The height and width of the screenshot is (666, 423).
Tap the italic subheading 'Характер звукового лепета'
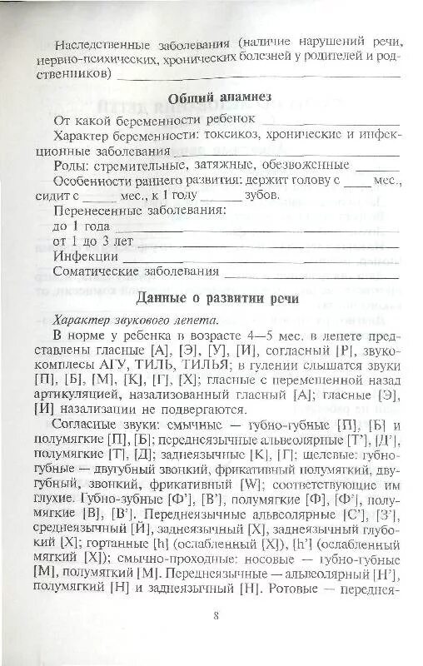tap(134, 320)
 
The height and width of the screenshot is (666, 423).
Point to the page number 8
tap(216, 616)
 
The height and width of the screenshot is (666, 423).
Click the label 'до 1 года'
tap(81, 226)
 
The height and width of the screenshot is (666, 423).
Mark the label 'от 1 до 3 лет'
tap(92, 241)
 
